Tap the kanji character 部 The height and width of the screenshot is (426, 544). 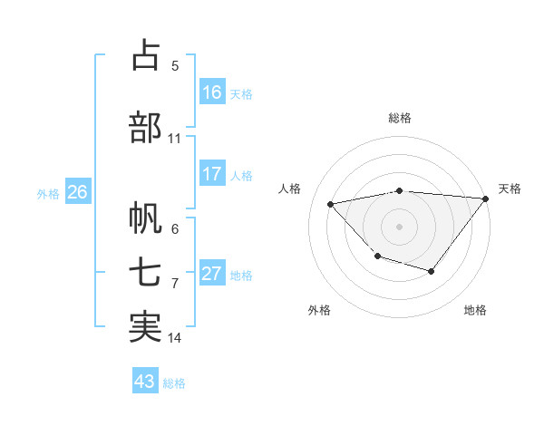[144, 127]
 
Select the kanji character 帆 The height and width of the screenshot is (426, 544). [144, 218]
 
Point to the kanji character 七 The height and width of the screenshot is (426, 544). [144, 274]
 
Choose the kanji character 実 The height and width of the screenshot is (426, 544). [144, 327]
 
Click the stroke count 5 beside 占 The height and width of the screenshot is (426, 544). [175, 66]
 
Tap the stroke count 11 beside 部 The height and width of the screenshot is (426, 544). [175, 139]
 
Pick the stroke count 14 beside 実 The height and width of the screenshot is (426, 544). [175, 338]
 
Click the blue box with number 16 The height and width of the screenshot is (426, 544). [212, 92]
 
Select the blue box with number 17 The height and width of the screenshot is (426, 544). [212, 174]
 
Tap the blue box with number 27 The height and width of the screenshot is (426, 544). [212, 274]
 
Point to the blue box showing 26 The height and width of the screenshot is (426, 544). [77, 192]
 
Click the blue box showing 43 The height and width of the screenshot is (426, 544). [144, 382]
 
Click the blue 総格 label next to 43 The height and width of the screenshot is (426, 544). [174, 383]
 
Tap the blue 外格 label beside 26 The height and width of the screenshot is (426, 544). [48, 194]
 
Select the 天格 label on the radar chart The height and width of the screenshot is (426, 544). [510, 189]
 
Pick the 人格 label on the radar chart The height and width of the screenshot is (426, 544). [290, 189]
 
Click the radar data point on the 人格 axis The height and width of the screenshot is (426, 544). [331, 204]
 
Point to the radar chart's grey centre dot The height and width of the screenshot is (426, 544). [399, 226]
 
